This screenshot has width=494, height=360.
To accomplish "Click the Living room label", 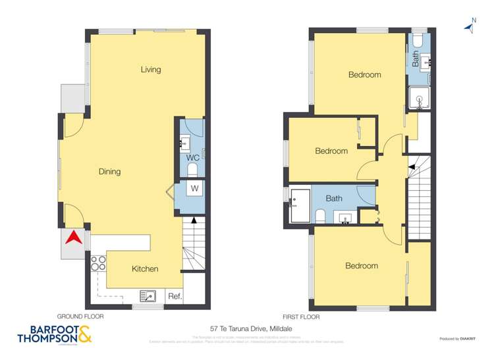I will (x=150, y=70).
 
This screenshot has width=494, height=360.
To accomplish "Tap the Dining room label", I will (x=109, y=172).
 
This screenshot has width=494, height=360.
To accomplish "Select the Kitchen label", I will (x=145, y=269).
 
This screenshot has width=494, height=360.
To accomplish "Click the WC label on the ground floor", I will (x=193, y=158).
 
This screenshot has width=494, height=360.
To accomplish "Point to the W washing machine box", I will (x=194, y=189).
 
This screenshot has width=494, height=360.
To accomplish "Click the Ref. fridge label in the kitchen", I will (x=175, y=296).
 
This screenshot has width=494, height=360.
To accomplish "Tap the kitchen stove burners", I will (x=98, y=263).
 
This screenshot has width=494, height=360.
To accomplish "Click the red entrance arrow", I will (x=74, y=237).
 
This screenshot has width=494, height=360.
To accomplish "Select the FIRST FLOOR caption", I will (x=302, y=317).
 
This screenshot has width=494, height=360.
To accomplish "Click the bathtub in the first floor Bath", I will (x=300, y=205).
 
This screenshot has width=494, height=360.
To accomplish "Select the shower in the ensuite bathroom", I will (x=418, y=99).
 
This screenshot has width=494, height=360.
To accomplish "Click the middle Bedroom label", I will (x=331, y=151).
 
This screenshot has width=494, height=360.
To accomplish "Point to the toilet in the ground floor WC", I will (x=192, y=170).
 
